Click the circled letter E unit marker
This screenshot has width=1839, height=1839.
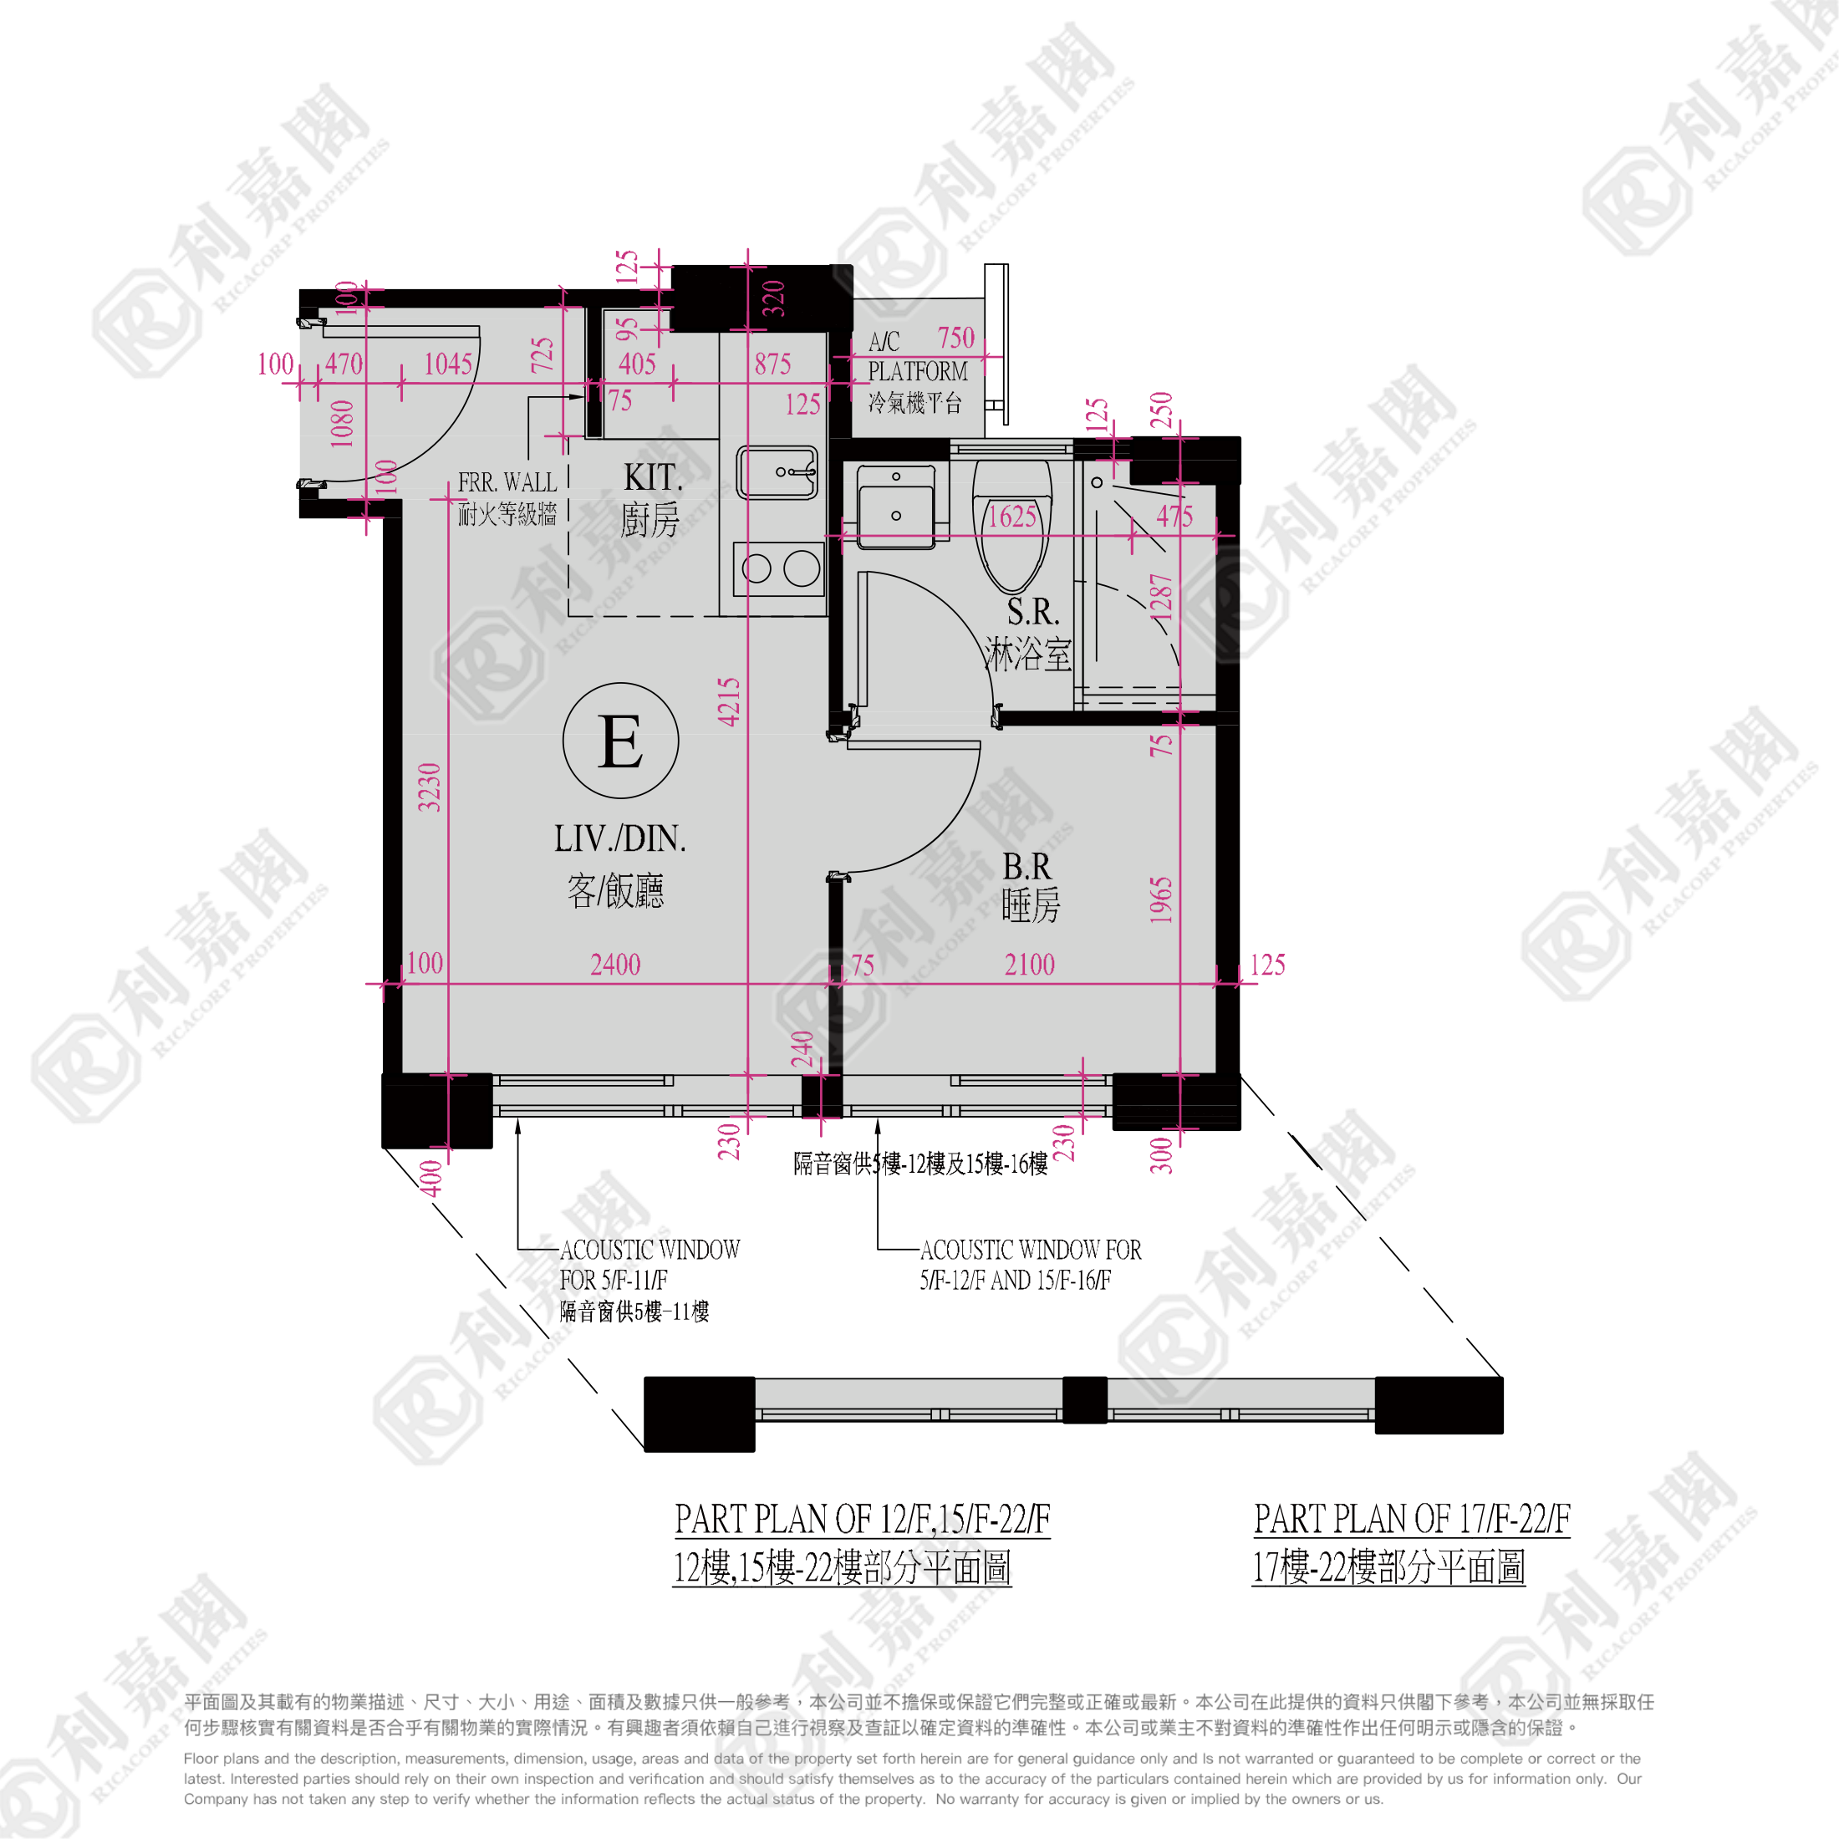click(620, 741)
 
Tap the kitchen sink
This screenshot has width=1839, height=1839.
click(777, 472)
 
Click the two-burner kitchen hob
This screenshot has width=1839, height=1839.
click(778, 569)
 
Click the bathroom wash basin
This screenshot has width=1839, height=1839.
click(896, 507)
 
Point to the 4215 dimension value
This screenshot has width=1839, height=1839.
click(729, 701)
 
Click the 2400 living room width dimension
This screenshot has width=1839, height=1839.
click(615, 965)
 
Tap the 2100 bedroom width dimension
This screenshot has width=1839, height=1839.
click(1029, 965)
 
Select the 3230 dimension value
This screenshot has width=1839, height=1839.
click(430, 787)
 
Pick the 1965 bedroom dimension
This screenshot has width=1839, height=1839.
click(1160, 900)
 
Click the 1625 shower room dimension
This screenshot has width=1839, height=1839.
click(1011, 517)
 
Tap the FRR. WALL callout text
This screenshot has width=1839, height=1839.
click(507, 482)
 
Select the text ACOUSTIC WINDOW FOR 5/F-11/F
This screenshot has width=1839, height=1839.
click(650, 1265)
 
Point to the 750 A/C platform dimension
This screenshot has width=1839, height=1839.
click(955, 338)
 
